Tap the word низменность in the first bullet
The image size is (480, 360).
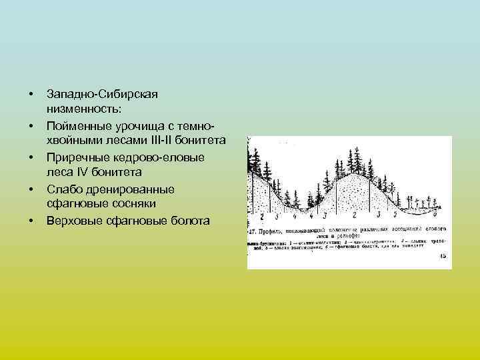[83, 109]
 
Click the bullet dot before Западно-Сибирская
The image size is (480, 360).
[31, 93]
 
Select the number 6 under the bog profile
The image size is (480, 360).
[435, 215]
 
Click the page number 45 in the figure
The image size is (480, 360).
[443, 255]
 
